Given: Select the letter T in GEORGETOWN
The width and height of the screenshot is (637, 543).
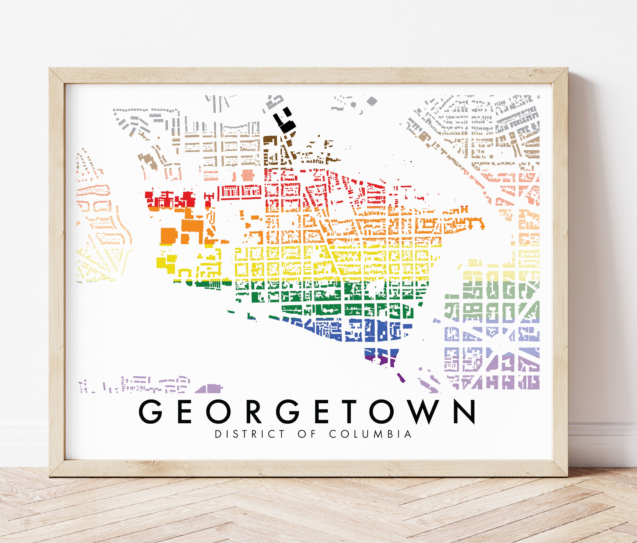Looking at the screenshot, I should (349, 412).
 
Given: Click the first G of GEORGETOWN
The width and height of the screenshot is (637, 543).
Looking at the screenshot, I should (150, 412).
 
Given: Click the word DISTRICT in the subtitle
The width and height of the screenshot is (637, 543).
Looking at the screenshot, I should (250, 434).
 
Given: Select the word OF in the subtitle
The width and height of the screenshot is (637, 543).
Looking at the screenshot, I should (307, 434).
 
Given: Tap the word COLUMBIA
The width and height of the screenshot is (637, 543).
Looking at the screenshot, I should (370, 434).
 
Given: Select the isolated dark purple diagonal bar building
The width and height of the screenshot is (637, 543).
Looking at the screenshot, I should (401, 378).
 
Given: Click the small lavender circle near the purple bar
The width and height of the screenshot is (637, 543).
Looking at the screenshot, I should (420, 369).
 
